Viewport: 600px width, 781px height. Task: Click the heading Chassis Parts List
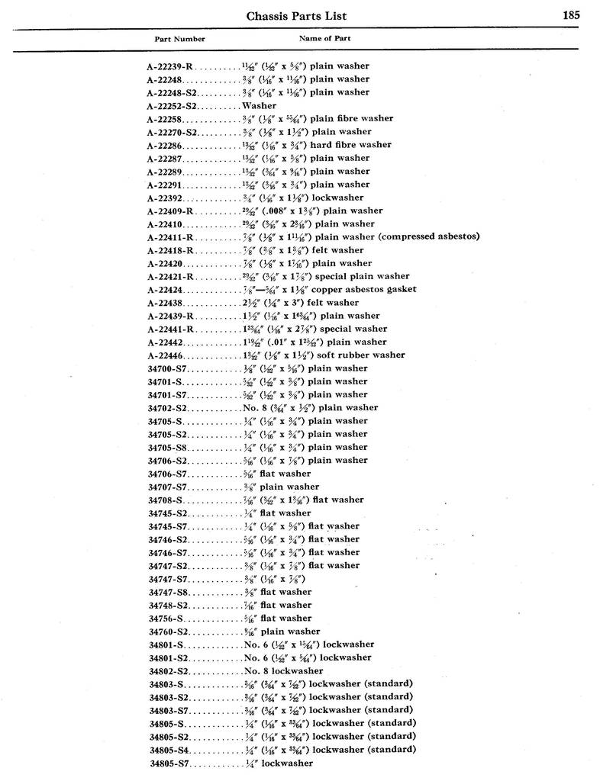[x=297, y=15]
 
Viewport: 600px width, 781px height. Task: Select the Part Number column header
[x=179, y=39]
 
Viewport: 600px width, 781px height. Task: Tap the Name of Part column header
[x=324, y=38]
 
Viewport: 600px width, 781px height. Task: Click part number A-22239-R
[x=171, y=66]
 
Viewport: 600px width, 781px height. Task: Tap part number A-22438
[x=164, y=303]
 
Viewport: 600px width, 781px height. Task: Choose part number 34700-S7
[x=166, y=368]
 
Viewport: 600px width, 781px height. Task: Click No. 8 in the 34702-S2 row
[x=253, y=408]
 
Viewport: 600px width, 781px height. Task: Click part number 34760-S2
[x=167, y=632]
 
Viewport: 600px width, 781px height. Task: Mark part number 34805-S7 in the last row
[x=167, y=763]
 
